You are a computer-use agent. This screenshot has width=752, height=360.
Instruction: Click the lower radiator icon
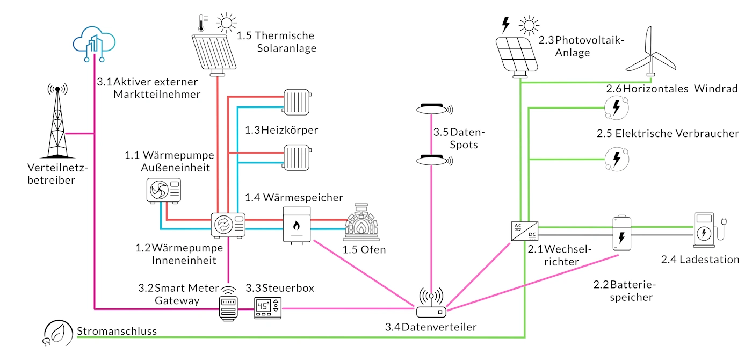pyautogui.click(x=298, y=156)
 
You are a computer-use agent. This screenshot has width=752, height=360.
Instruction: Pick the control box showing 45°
pyautogui.click(x=267, y=308)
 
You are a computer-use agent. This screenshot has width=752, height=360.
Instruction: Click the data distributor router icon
pyautogui.click(x=431, y=305)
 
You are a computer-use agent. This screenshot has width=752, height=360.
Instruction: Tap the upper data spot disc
pyautogui.click(x=433, y=110)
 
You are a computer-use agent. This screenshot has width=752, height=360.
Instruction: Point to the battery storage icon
pyautogui.click(x=621, y=233)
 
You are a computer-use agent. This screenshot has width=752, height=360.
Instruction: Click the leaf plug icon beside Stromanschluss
pyautogui.click(x=55, y=333)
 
